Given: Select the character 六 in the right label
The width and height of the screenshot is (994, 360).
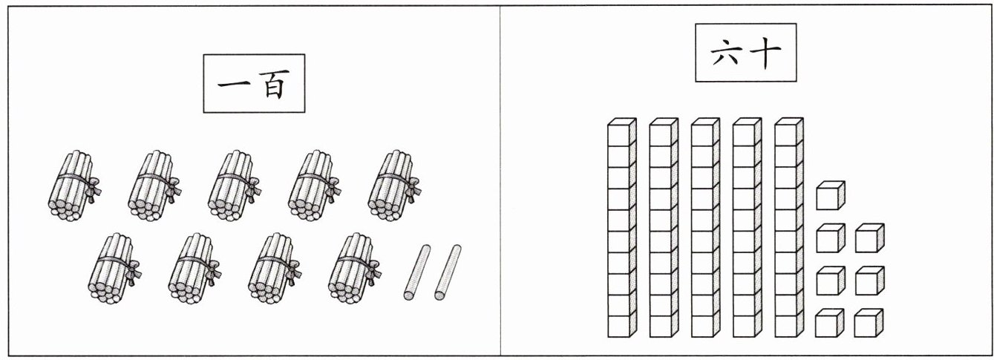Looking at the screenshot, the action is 727,53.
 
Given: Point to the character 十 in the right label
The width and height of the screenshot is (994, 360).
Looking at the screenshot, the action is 765,52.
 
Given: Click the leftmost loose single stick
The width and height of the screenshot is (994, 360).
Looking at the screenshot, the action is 416,272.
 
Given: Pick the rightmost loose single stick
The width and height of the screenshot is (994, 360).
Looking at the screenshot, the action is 448,272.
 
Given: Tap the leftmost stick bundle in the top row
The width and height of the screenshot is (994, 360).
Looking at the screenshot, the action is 74,186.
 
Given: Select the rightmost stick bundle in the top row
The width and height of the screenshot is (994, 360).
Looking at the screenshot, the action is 394,186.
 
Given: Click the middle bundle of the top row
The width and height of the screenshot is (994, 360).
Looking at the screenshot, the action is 235,186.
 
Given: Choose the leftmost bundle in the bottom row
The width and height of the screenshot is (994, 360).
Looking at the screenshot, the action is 114,269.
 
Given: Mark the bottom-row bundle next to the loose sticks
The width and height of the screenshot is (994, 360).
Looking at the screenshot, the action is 355,269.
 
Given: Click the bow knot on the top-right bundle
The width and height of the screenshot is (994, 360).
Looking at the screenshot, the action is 413,189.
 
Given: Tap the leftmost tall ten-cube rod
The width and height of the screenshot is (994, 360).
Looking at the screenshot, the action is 622,228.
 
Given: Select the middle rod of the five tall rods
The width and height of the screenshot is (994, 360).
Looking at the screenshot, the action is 705,228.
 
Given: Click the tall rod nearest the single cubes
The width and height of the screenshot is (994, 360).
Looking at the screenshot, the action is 789,228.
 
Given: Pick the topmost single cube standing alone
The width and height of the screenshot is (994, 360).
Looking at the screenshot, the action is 830,195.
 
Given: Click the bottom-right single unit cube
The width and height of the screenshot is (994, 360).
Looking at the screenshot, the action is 869,323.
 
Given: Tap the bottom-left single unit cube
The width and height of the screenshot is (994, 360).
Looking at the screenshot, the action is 829,323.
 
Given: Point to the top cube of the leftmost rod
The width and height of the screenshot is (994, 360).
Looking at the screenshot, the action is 622,132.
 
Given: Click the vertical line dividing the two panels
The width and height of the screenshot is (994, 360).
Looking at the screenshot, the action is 500,180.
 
